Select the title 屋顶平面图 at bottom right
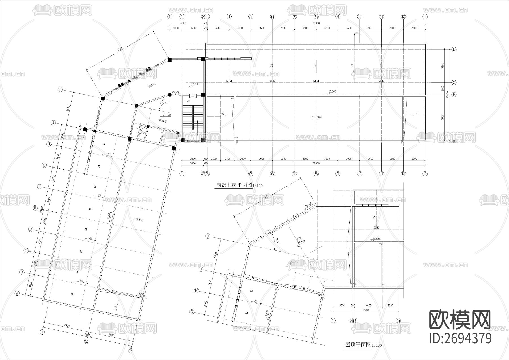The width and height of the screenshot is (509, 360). click(x=357, y=345)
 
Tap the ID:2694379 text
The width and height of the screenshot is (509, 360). click(x=460, y=338)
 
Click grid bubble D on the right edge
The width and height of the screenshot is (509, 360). click(x=454, y=49)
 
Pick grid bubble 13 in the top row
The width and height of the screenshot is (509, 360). click(x=425, y=16)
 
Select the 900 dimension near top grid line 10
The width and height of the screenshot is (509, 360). click(x=357, y=33)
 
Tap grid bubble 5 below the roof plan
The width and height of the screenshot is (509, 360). click(x=398, y=320)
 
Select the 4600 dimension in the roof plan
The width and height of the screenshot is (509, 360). click(x=369, y=305)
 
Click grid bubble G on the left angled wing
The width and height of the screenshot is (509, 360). click(x=44, y=165)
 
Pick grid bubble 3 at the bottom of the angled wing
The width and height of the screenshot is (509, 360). click(x=131, y=351)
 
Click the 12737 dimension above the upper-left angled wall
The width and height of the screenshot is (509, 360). click(x=120, y=50)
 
